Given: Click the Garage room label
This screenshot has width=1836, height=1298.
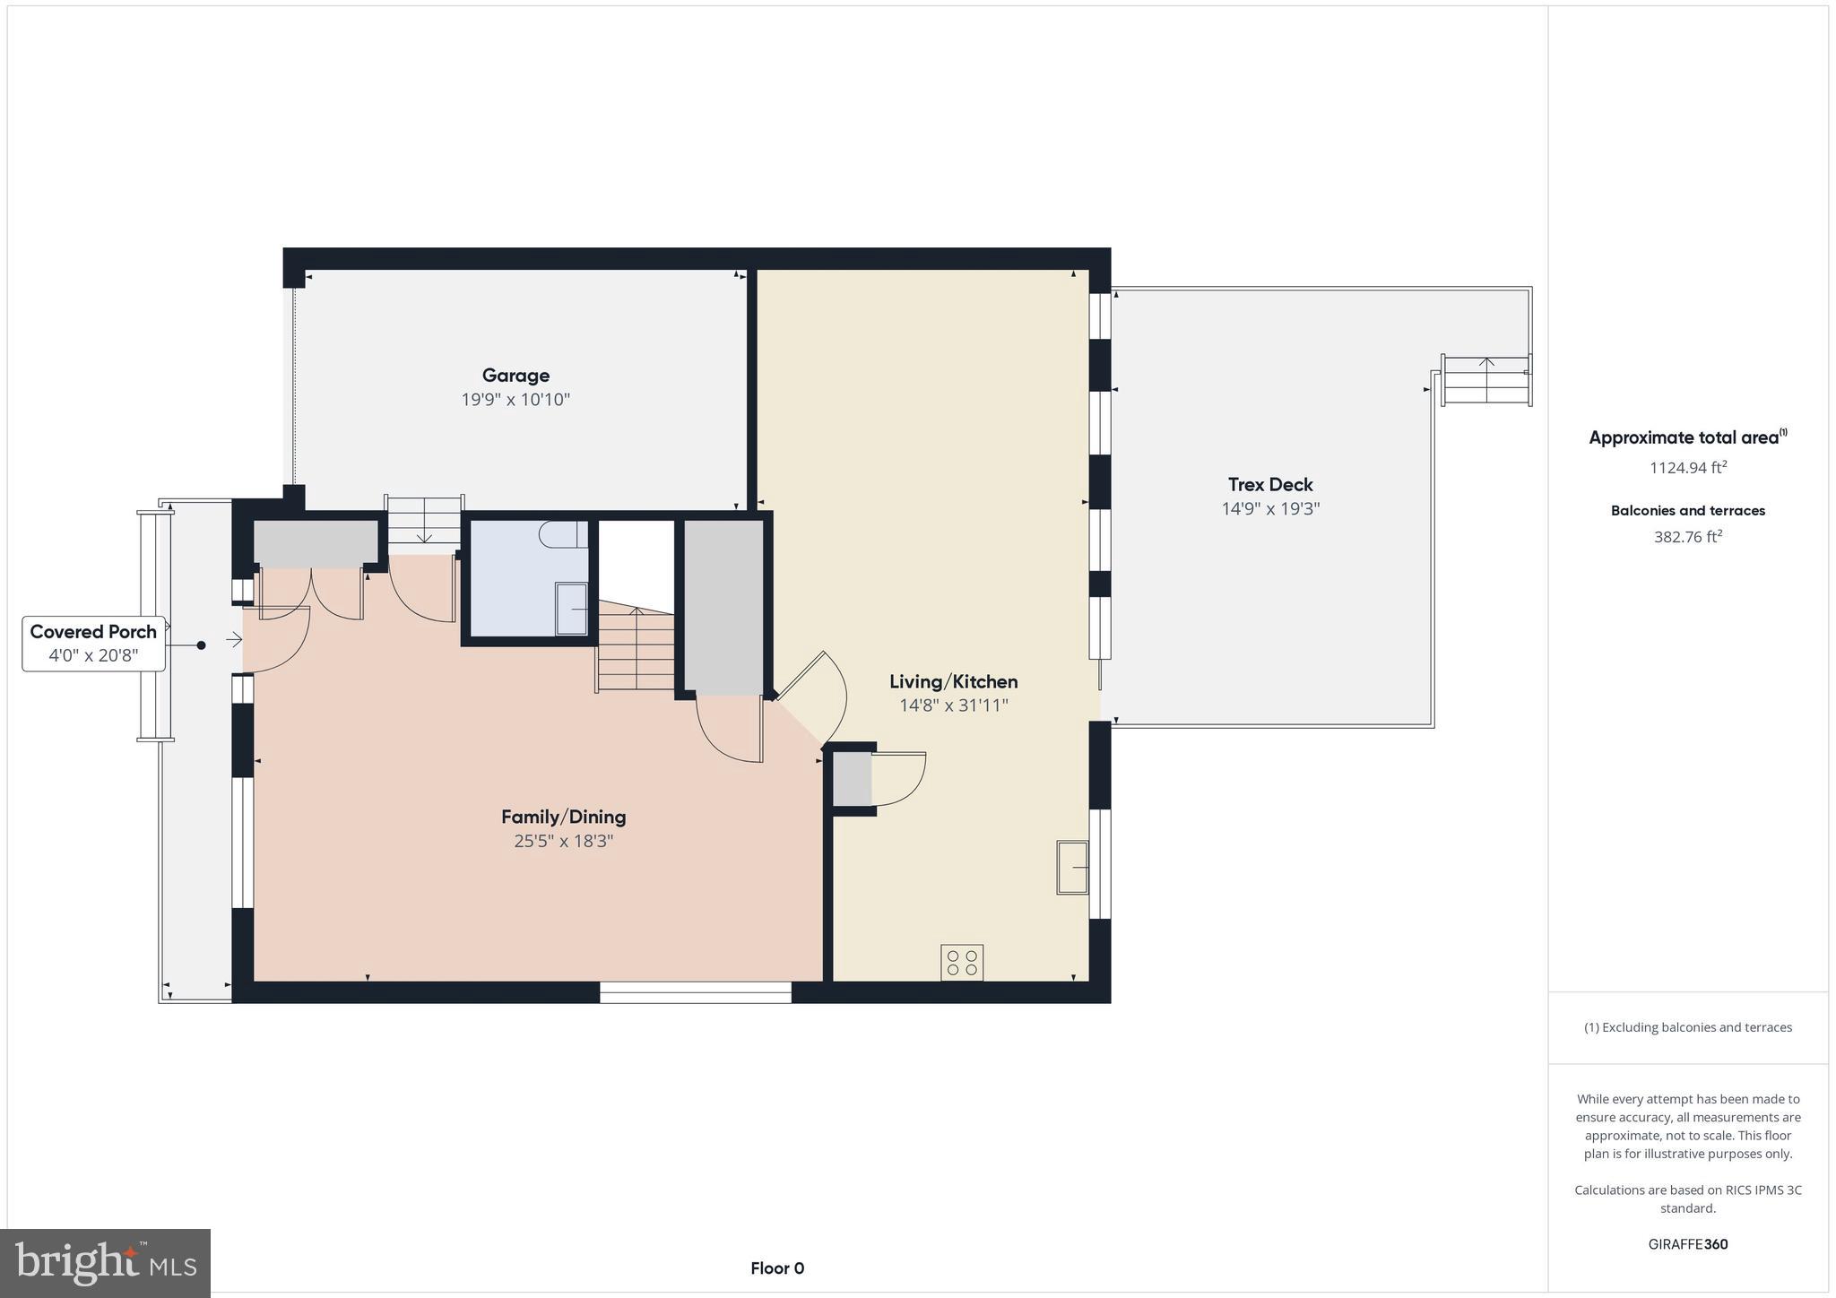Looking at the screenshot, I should (x=515, y=376).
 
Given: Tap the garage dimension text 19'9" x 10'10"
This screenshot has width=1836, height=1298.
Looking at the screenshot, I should (x=515, y=400).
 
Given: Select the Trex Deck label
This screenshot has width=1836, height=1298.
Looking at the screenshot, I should (x=1270, y=485).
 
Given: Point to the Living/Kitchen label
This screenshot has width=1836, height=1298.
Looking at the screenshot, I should (x=953, y=681).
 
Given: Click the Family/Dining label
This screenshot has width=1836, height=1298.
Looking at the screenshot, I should (x=563, y=817).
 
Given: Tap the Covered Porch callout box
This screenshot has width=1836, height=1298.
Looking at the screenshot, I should (x=93, y=643).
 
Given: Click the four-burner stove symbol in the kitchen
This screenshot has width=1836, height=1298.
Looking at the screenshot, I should (x=962, y=963).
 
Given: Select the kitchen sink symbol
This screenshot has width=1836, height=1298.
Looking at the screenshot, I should (x=1072, y=867).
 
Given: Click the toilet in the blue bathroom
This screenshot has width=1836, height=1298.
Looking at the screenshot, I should (x=563, y=535).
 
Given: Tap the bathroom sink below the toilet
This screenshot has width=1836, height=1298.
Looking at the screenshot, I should (x=572, y=609).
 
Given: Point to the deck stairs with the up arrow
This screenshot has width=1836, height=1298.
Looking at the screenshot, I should (x=1486, y=380).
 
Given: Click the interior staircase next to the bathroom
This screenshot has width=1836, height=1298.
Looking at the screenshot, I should (x=637, y=649).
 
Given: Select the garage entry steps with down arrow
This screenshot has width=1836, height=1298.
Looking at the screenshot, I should (x=424, y=522).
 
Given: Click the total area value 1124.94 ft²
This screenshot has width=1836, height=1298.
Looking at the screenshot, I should (x=1687, y=467).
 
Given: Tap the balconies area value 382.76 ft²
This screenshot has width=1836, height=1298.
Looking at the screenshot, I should (x=1687, y=537).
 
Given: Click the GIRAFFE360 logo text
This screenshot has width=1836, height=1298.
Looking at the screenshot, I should (x=1687, y=1244).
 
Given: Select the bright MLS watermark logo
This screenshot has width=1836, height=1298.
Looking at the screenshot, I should (x=106, y=1263).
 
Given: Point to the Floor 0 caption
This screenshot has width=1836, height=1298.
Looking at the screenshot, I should (x=777, y=1268).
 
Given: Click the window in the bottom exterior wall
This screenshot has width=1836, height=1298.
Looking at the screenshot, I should (x=695, y=992).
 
